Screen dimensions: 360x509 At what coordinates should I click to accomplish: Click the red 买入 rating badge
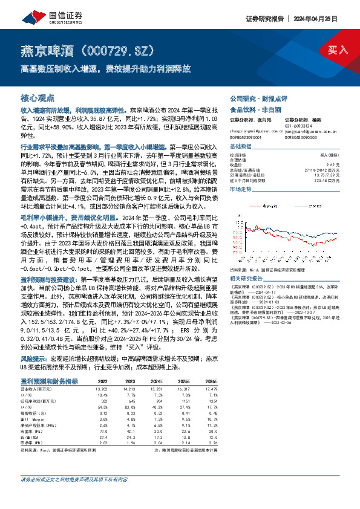tap(339, 50)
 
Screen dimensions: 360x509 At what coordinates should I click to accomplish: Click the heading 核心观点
tap(38, 97)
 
